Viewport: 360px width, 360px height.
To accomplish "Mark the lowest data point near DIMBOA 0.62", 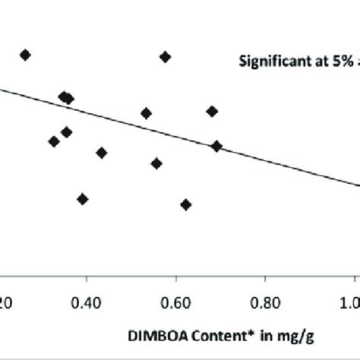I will pos(185,204).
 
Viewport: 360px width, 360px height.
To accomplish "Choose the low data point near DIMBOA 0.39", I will pos(83,199).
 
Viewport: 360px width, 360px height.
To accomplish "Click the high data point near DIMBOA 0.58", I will pos(165,57).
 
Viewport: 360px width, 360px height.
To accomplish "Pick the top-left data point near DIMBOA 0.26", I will pos(25,55).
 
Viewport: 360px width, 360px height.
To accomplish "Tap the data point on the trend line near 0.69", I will pos(216,146).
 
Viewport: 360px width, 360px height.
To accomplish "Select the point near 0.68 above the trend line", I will pos(212,111).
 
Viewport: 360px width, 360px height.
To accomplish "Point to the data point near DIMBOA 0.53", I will pos(146,113).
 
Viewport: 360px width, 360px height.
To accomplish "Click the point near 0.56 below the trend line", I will pos(156,163).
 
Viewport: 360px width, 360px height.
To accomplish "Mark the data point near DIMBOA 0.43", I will pos(101,153).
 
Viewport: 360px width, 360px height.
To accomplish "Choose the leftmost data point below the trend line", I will pos(53,141).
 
